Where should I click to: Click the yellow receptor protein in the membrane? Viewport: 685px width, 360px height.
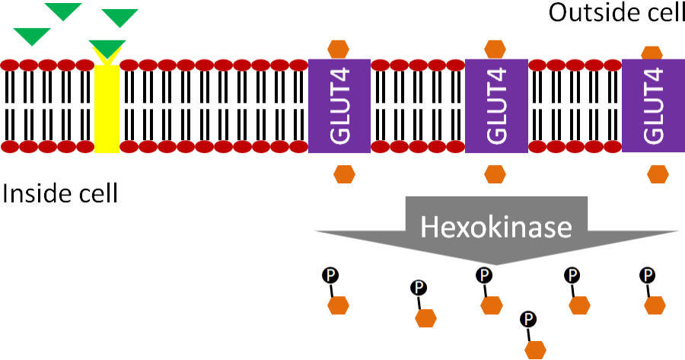click(x=107, y=107)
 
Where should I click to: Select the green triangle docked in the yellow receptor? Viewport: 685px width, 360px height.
click(x=107, y=48)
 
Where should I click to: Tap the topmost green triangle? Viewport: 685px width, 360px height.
click(x=62, y=10)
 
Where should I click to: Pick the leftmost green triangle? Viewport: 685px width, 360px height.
click(x=32, y=35)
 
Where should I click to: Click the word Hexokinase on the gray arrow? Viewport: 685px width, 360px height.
click(x=496, y=227)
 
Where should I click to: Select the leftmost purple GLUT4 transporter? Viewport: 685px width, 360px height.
click(x=339, y=106)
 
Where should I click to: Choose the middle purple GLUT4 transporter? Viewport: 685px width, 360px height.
click(x=496, y=106)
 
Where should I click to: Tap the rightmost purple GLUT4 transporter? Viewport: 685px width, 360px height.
click(x=653, y=106)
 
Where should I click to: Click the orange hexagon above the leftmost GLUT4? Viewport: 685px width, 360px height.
click(x=339, y=48)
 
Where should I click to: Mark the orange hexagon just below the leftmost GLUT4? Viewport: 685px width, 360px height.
click(x=344, y=174)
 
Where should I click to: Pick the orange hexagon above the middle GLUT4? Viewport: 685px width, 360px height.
click(x=496, y=48)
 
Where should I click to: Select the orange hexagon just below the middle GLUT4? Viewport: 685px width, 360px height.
click(x=495, y=174)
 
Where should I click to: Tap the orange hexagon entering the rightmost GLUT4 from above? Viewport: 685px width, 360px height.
click(x=652, y=53)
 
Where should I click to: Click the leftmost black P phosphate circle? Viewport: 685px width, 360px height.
click(x=330, y=275)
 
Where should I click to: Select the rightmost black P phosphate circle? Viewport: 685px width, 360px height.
click(x=648, y=275)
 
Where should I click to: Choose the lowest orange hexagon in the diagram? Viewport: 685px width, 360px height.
click(x=537, y=349)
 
